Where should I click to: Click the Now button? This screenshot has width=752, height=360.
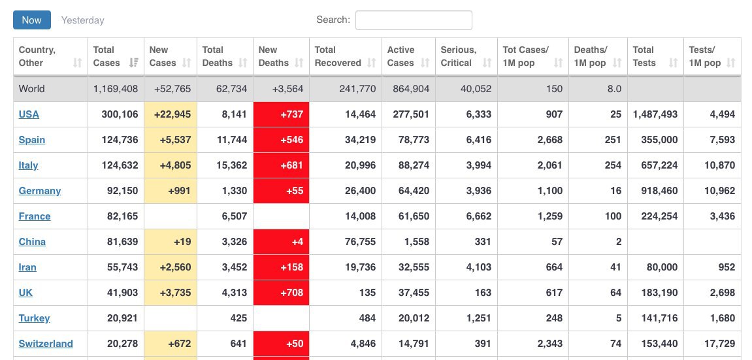[x=31, y=20]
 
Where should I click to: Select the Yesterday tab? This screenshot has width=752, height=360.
[x=82, y=20]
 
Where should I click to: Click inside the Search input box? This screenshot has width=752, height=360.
[x=414, y=20]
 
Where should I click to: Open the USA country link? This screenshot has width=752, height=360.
[x=29, y=114]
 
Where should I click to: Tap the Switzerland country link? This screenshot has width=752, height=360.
[x=46, y=344]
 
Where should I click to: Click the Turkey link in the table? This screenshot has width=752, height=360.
[x=34, y=318]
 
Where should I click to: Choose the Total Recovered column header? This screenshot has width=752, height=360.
[x=338, y=56]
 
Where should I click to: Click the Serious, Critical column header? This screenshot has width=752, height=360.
[x=459, y=56]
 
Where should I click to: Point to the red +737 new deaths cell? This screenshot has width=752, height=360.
[x=281, y=114]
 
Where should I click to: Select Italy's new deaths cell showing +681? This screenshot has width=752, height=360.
[x=281, y=165]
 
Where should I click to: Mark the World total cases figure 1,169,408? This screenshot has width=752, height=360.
[x=116, y=89]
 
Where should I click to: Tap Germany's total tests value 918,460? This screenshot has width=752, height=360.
[x=655, y=191]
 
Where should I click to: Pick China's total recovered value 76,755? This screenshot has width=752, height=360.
[x=360, y=242]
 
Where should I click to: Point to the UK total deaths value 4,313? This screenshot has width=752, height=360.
[x=233, y=293]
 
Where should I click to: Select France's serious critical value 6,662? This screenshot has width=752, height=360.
[x=479, y=216]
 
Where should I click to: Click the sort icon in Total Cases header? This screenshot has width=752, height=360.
[x=134, y=63]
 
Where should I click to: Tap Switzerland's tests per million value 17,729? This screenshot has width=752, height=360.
[x=719, y=344]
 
